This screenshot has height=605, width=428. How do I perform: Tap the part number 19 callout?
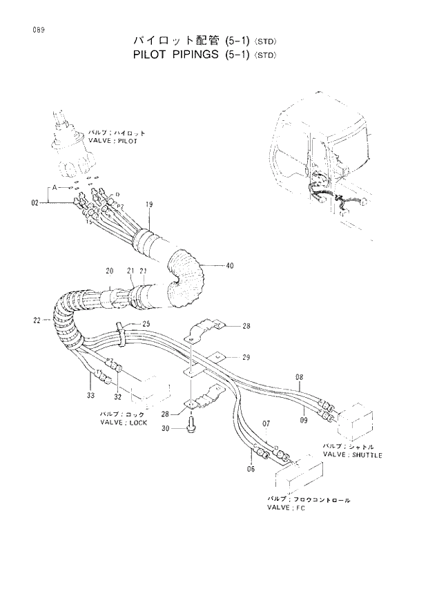[x=148, y=204]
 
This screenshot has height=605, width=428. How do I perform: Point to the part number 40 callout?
[x=229, y=265]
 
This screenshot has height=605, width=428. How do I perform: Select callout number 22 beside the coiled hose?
[x=36, y=320]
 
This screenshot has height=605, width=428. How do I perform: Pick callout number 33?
[x=90, y=396]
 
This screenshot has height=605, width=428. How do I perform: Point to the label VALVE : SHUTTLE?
[x=352, y=455]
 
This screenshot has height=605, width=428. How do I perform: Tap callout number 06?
[x=250, y=470]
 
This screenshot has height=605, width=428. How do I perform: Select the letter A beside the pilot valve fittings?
[x=51, y=187]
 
